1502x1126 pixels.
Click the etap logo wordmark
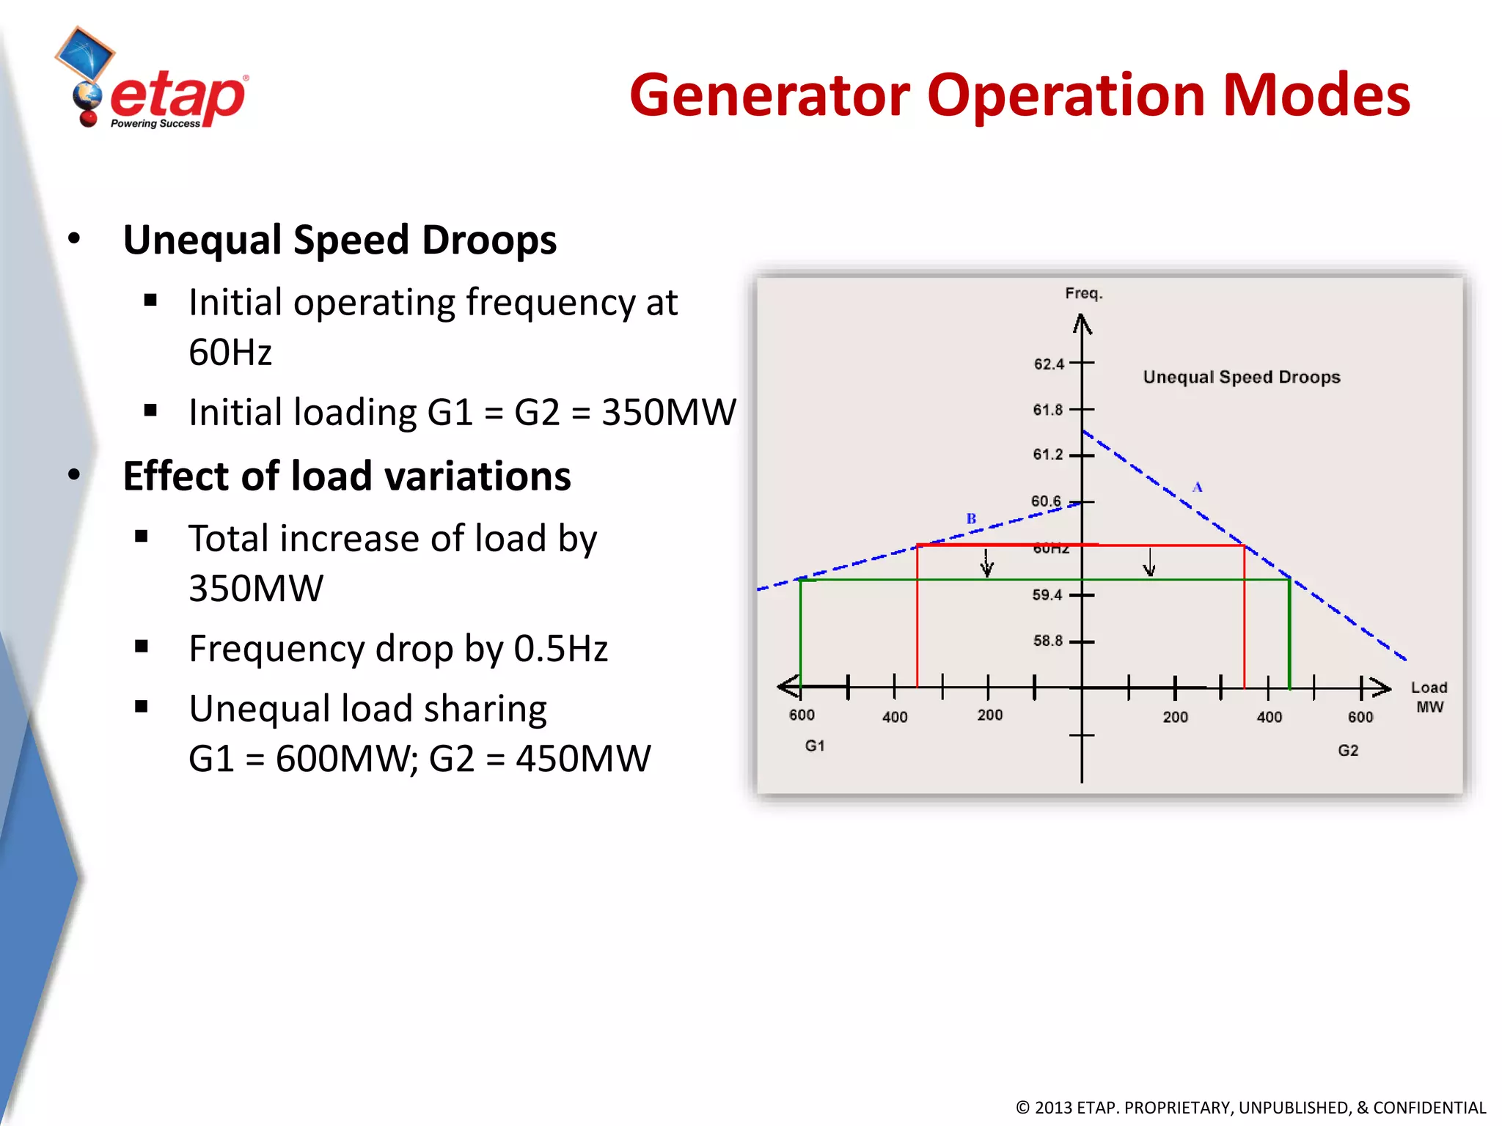pyautogui.click(x=177, y=97)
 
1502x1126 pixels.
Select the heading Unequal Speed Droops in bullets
pyautogui.click(x=340, y=240)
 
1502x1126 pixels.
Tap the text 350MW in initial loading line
pyautogui.click(x=668, y=412)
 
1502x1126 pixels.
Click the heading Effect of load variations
pyautogui.click(x=347, y=476)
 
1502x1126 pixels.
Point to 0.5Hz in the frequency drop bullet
pyautogui.click(x=560, y=649)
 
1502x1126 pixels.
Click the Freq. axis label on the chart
pyautogui.click(x=1083, y=294)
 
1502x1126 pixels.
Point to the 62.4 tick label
pyautogui.click(x=1048, y=364)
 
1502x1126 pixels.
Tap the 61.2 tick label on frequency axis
pyautogui.click(x=1047, y=455)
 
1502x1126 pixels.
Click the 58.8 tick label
pyautogui.click(x=1047, y=641)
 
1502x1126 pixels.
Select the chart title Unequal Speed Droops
pyautogui.click(x=1241, y=378)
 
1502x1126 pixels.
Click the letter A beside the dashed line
pyautogui.click(x=1197, y=487)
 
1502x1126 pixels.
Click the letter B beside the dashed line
pyautogui.click(x=971, y=518)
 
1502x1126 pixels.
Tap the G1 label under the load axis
pyautogui.click(x=815, y=746)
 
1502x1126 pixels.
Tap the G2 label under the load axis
pyautogui.click(x=1347, y=751)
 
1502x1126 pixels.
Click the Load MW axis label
pyautogui.click(x=1429, y=697)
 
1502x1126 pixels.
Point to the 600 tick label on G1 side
pyautogui.click(x=802, y=715)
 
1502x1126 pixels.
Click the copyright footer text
pyautogui.click(x=1250, y=1107)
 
